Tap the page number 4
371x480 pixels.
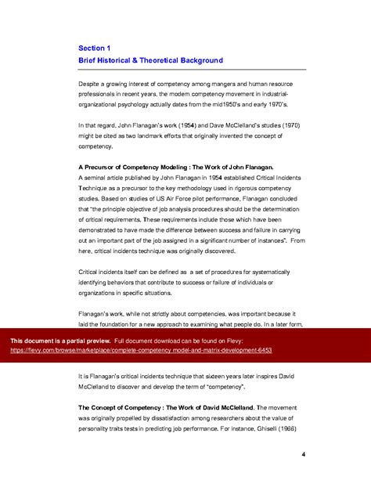click(x=303, y=454)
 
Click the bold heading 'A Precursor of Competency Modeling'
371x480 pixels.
click(x=139, y=167)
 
